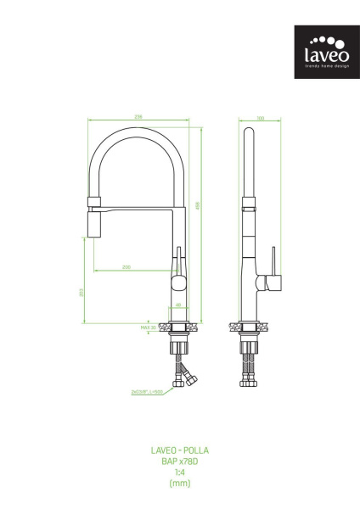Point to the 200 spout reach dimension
coord(127,268)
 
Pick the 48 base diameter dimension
coord(178,304)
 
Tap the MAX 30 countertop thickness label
coord(149,326)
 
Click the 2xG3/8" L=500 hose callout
coord(146,392)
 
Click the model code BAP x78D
coord(179,461)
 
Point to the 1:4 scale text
coord(179,473)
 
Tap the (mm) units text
coord(179,484)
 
